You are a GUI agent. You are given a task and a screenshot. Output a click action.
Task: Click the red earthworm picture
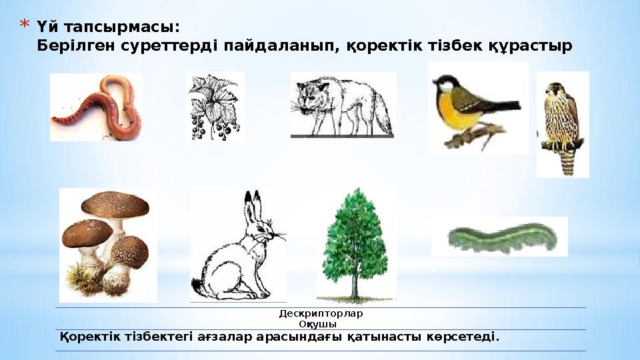pos(96,107)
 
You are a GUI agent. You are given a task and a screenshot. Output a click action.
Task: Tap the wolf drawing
pos(341,105)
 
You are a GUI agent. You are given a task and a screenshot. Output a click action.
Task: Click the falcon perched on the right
pos(562,123)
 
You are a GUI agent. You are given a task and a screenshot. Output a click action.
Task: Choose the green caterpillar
pos(499,236)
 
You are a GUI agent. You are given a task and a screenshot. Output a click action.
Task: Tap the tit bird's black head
pos(441,83)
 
